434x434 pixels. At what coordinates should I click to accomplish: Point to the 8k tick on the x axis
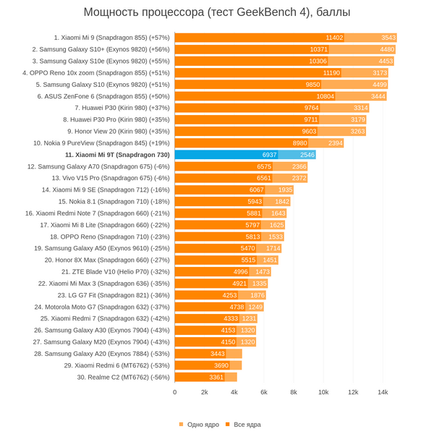tap(294, 392)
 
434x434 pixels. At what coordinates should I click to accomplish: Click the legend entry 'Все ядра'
tap(247, 425)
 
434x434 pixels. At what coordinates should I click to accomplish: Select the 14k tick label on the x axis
tap(383, 392)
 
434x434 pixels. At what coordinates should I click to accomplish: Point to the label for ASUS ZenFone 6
tap(107, 96)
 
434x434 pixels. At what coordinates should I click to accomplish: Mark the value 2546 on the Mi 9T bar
tap(307, 155)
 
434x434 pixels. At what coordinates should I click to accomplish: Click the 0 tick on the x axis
tap(175, 392)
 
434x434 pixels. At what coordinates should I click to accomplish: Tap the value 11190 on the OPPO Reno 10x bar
tap(332, 72)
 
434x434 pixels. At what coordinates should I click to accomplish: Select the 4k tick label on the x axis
tap(234, 392)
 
